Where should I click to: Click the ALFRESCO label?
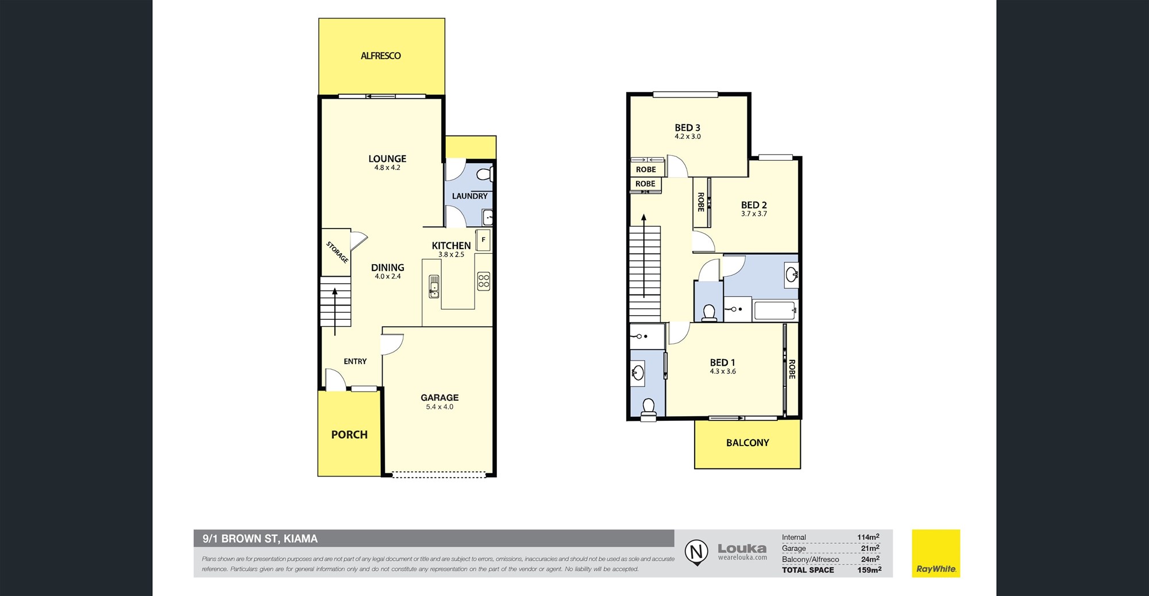pyautogui.click(x=381, y=56)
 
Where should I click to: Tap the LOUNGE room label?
pyautogui.click(x=387, y=158)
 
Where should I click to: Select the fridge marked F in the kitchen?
pyautogui.click(x=483, y=240)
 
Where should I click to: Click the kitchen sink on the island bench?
pyautogui.click(x=434, y=287)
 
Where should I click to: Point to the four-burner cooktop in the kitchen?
pyautogui.click(x=484, y=281)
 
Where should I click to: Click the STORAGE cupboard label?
pyautogui.click(x=337, y=252)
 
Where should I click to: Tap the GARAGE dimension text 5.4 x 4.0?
pyautogui.click(x=439, y=407)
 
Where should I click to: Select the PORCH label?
pyautogui.click(x=349, y=435)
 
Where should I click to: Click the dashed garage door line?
pyautogui.click(x=438, y=475)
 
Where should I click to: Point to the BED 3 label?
pyautogui.click(x=688, y=127)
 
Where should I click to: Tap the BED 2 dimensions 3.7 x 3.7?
pyautogui.click(x=754, y=214)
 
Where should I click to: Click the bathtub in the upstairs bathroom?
pyautogui.click(x=775, y=310)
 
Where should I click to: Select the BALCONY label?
pyautogui.click(x=747, y=443)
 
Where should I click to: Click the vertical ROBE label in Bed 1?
pyautogui.click(x=792, y=369)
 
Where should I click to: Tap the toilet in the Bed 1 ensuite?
pyautogui.click(x=649, y=409)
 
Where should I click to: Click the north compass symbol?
pyautogui.click(x=696, y=552)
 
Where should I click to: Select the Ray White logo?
pyautogui.click(x=936, y=554)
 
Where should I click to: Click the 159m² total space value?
pyautogui.click(x=869, y=570)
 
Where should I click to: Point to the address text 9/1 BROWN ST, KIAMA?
pyautogui.click(x=260, y=539)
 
